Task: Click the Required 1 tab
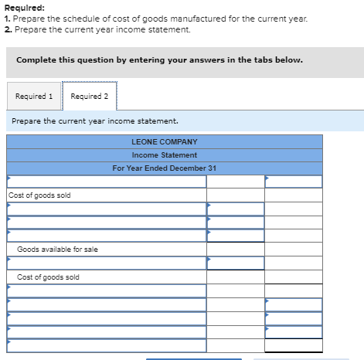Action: pos(34,97)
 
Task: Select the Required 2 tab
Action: pos(89,97)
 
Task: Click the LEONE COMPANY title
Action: pos(165,142)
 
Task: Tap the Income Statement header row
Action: pos(165,155)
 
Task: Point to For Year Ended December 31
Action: pos(165,168)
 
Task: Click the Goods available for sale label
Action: pos(57,250)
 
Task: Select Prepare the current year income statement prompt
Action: pos(95,121)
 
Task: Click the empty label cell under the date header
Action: pos(107,182)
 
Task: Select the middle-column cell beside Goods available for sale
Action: pos(235,250)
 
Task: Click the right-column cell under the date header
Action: pos(294,182)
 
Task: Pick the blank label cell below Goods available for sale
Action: pos(107,263)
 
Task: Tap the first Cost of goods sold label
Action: pos(39,195)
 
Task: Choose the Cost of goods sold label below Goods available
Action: pos(48,277)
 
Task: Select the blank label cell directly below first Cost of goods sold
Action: pos(107,209)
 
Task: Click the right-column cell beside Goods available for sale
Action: pos(294,250)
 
